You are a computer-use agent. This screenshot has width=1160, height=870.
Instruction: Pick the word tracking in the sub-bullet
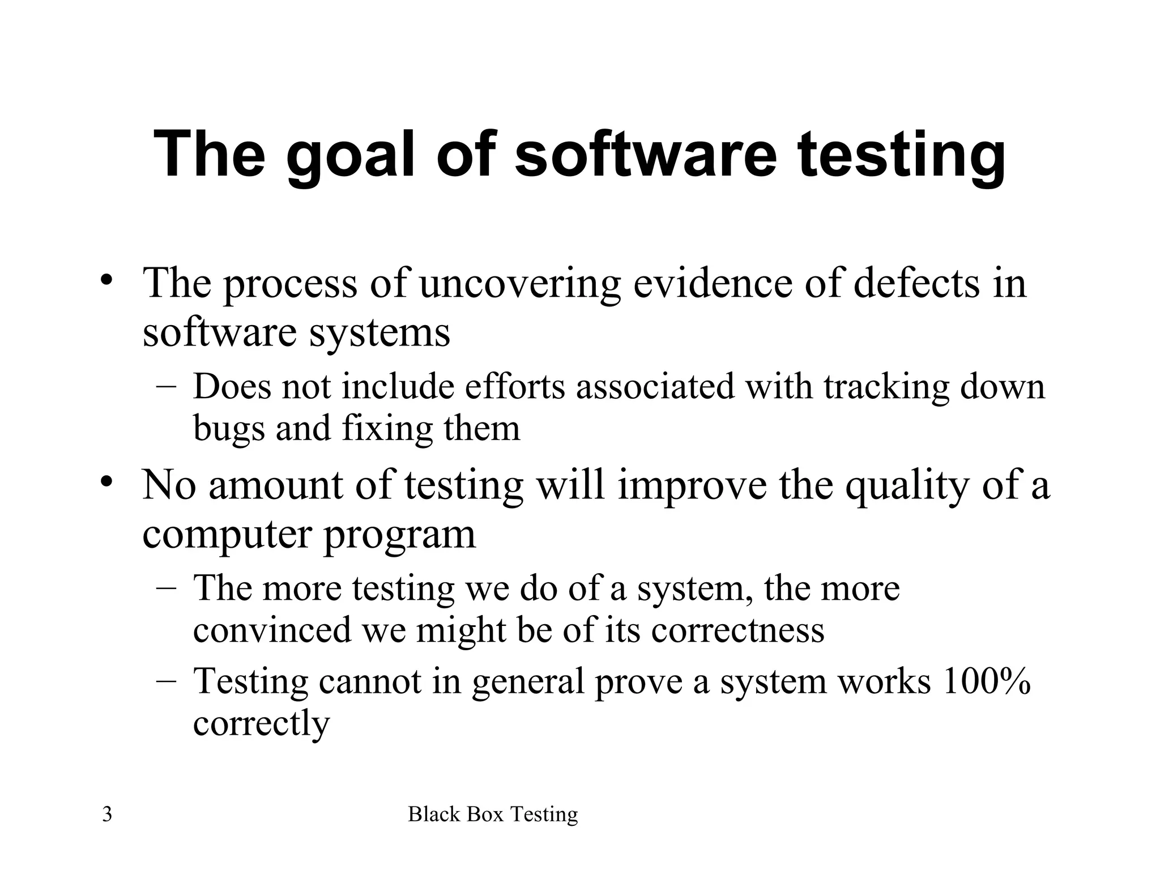pos(885,387)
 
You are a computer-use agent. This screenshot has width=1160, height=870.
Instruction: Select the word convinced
pos(272,629)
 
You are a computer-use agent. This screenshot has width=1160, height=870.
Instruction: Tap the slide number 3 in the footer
pos(107,814)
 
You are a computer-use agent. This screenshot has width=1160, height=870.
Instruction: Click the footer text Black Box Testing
pos(493,814)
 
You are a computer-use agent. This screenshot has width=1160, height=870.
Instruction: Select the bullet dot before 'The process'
pos(106,280)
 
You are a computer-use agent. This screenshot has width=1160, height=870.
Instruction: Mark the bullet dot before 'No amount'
pos(106,482)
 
